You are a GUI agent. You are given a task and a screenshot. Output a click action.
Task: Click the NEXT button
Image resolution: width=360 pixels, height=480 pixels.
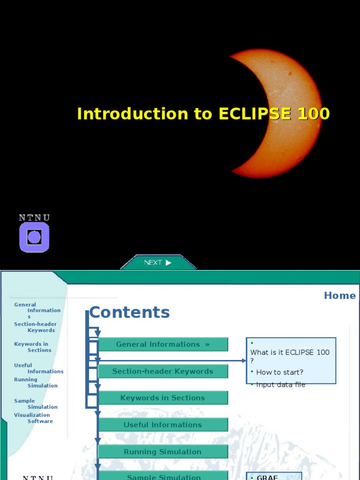click(x=158, y=262)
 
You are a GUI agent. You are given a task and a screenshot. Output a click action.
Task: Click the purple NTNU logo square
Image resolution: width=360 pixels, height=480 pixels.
click(x=34, y=237)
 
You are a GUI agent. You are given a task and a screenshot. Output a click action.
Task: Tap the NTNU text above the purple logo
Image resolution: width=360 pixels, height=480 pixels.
click(x=34, y=217)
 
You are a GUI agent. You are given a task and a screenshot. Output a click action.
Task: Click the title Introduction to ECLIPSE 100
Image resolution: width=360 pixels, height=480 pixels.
click(x=203, y=114)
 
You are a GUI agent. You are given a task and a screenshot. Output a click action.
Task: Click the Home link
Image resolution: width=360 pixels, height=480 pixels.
click(x=339, y=295)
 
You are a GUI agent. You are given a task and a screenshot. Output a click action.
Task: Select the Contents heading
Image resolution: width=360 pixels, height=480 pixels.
click(x=129, y=312)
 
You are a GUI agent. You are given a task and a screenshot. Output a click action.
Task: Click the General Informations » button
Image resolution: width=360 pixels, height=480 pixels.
click(x=163, y=344)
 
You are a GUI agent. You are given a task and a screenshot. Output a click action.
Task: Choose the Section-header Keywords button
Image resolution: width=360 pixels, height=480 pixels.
click(x=163, y=371)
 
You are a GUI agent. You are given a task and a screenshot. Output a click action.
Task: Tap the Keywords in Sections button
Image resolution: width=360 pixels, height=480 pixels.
click(x=163, y=398)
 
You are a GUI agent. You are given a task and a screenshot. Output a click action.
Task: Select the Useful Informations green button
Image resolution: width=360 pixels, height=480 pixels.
click(x=163, y=425)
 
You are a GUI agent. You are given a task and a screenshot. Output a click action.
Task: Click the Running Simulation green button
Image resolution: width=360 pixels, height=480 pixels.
click(x=163, y=452)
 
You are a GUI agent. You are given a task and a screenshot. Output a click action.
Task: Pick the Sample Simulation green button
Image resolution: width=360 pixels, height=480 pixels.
click(x=163, y=476)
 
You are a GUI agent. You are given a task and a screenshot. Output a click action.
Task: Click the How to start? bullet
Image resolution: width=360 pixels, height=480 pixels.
click(x=279, y=372)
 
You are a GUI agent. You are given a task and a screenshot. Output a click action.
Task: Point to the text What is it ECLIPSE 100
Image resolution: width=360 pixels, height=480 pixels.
click(x=290, y=352)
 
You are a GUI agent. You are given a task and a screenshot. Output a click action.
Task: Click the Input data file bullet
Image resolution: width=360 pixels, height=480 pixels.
click(x=280, y=385)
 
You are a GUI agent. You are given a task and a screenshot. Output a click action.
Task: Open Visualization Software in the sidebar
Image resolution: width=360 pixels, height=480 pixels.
click(x=33, y=418)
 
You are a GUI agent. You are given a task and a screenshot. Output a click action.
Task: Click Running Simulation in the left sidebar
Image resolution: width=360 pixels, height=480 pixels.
click(x=36, y=382)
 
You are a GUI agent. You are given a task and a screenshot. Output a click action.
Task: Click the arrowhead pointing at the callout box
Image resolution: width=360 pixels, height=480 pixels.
click(x=244, y=360)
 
